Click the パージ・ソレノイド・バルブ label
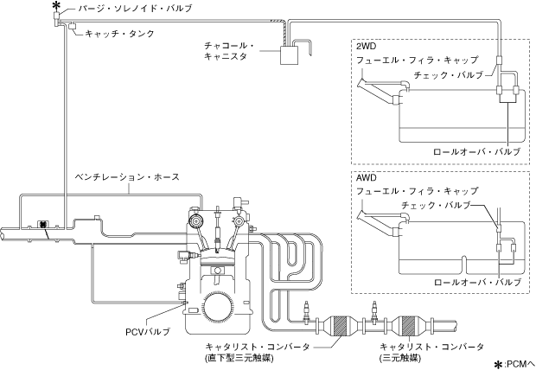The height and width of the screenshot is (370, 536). click(135, 8)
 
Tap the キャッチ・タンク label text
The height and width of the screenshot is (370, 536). click(119, 34)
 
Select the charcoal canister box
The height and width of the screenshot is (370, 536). click(290, 55)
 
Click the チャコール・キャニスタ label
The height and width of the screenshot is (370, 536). click(229, 51)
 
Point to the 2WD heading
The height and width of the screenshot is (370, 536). click(366, 46)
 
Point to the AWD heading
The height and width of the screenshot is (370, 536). click(366, 178)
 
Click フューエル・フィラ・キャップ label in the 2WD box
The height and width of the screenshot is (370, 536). click(417, 61)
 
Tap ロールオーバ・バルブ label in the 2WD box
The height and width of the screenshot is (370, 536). click(477, 151)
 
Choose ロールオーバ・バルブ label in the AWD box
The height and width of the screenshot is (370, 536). click(477, 282)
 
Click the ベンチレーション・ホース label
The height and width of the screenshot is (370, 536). click(127, 177)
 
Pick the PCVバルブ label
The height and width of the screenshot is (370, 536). click(147, 332)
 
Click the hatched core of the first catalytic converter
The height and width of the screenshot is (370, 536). click(342, 326)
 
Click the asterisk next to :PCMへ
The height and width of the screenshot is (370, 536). click(500, 364)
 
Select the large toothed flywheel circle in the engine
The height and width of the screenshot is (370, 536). click(218, 308)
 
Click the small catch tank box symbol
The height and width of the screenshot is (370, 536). click(73, 26)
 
